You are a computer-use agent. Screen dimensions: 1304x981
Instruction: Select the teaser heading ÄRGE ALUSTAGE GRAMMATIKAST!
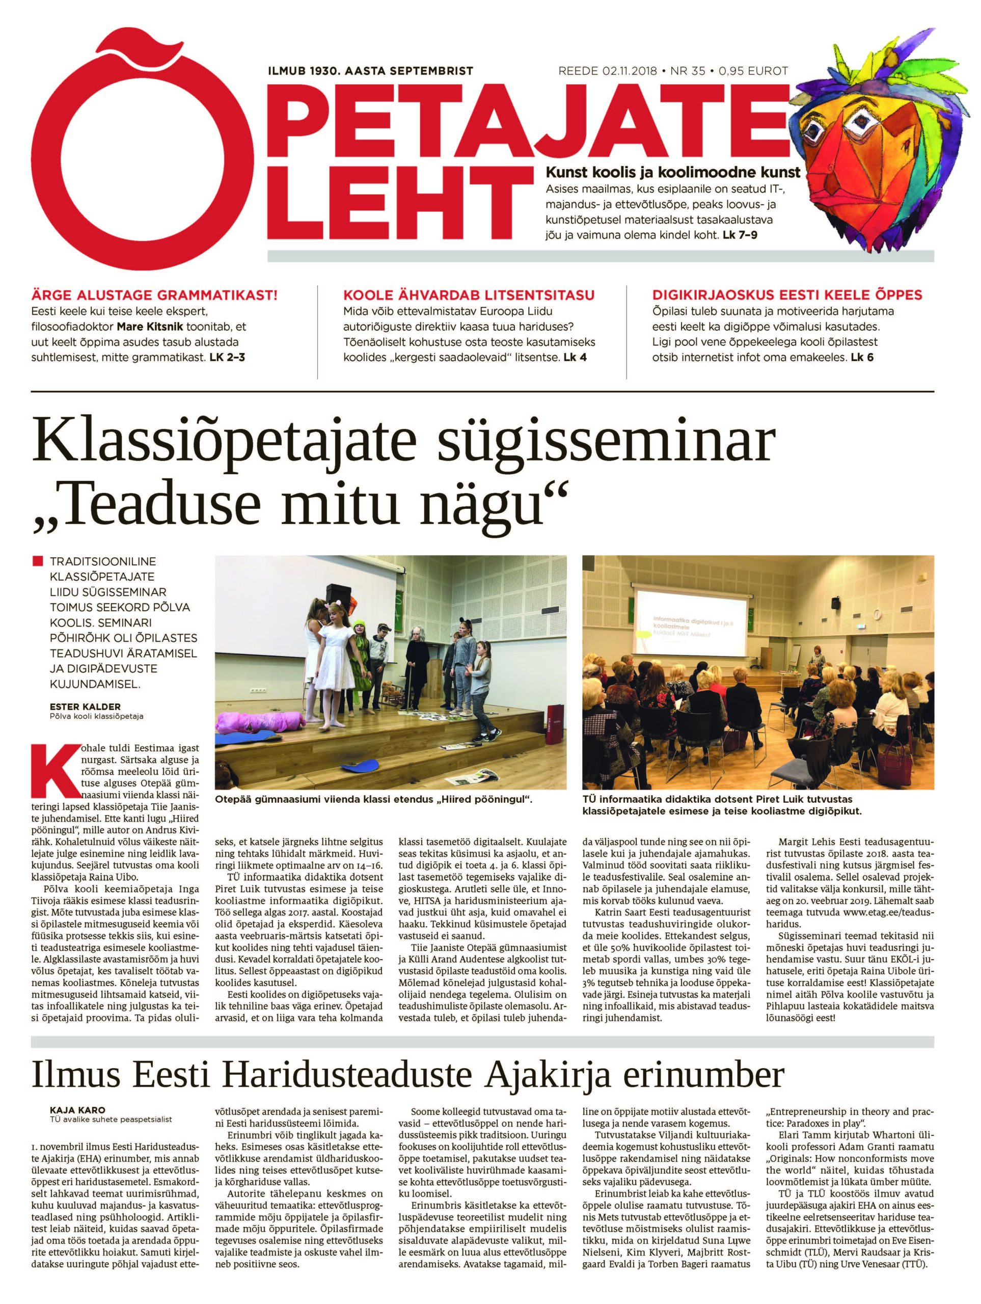pyautogui.click(x=154, y=295)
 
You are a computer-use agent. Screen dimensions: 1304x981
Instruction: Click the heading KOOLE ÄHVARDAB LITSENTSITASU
pyautogui.click(x=469, y=295)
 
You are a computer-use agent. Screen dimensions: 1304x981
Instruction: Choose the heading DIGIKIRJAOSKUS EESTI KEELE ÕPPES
pyautogui.click(x=787, y=295)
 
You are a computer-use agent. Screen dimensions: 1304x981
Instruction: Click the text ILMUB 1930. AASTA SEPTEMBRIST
pyautogui.click(x=371, y=71)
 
